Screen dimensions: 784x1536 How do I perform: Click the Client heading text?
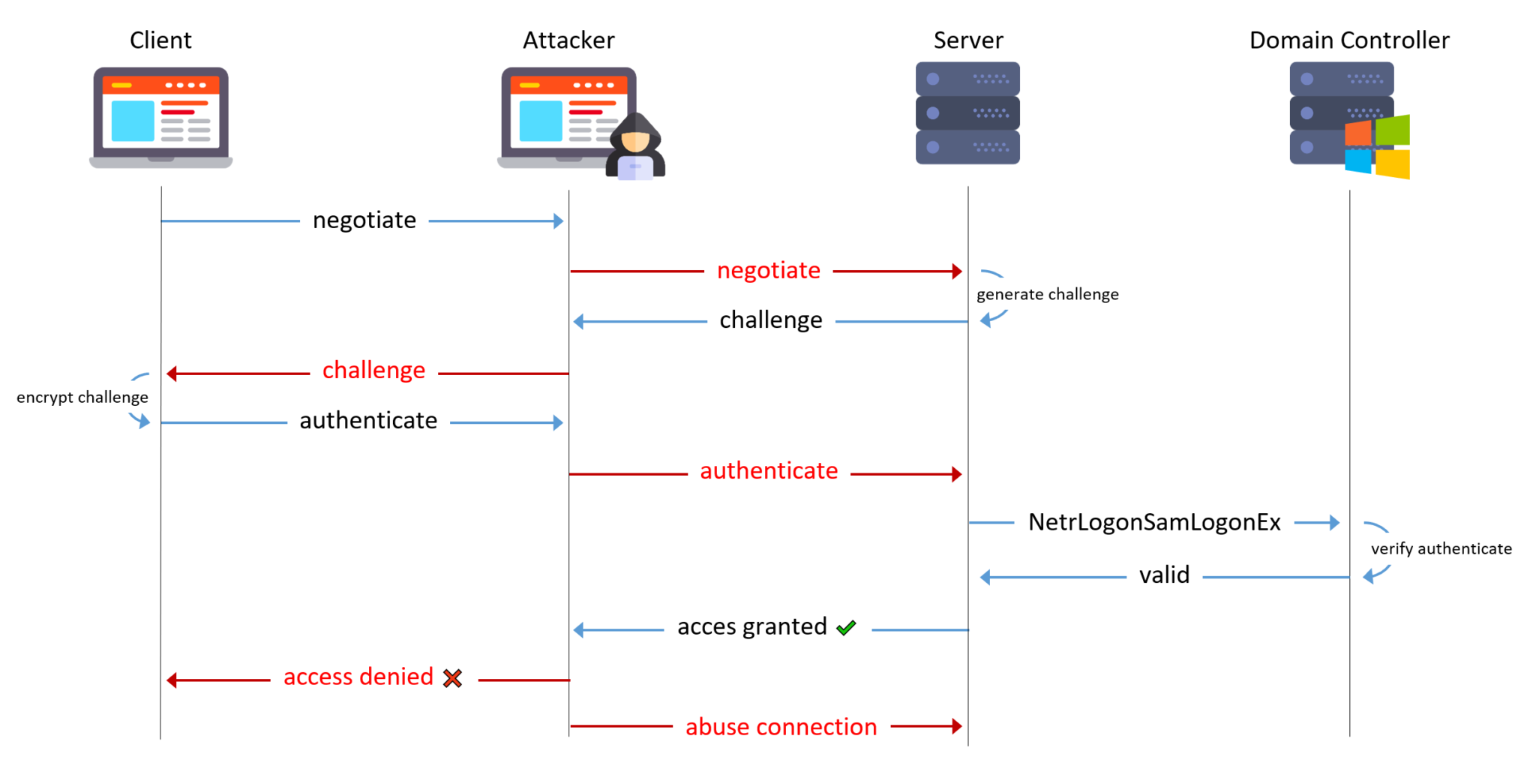pos(160,40)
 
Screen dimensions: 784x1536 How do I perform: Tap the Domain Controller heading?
pos(1348,40)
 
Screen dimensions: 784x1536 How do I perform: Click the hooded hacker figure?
pos(635,148)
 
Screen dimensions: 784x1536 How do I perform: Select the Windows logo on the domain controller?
pos(1377,147)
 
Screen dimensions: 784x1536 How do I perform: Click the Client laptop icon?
pos(160,117)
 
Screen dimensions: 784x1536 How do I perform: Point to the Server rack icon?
pos(967,113)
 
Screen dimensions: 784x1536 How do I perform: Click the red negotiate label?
pos(768,270)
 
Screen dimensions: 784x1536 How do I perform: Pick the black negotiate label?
pos(364,220)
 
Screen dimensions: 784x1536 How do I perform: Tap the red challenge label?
pos(373,371)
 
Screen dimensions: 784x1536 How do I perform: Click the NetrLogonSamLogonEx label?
pos(1153,522)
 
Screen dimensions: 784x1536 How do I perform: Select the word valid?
pos(1164,575)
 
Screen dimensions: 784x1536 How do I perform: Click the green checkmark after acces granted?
pos(846,628)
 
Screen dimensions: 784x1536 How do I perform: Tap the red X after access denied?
pos(452,678)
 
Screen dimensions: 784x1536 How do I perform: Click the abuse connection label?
pos(781,727)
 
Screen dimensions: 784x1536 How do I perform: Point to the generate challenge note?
pos(1047,294)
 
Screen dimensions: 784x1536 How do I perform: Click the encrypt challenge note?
pos(82,397)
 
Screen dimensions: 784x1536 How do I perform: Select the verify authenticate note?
pos(1441,548)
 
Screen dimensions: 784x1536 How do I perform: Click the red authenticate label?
pos(769,471)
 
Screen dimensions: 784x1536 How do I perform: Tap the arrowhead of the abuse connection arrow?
pos(956,726)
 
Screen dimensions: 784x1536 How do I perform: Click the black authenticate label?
pos(368,421)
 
